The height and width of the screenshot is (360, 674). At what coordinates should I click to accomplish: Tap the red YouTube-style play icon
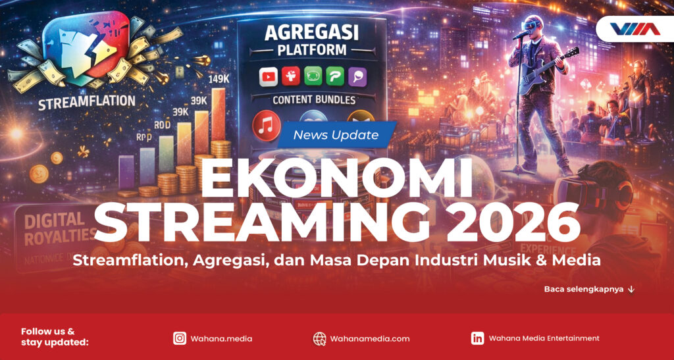[269, 76]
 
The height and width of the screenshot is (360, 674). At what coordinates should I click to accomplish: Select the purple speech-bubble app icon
[359, 76]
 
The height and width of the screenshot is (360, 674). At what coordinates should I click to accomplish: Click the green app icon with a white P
[336, 76]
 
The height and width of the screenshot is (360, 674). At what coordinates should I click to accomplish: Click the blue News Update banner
[336, 135]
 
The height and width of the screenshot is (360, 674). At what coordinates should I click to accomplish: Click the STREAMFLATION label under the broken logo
[88, 102]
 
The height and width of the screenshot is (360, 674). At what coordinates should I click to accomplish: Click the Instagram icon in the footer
[179, 338]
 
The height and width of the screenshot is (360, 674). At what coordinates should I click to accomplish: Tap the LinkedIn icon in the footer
[478, 338]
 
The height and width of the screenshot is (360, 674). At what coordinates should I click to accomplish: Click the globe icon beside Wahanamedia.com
[319, 338]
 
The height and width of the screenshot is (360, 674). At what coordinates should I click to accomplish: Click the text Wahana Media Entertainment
[544, 338]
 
